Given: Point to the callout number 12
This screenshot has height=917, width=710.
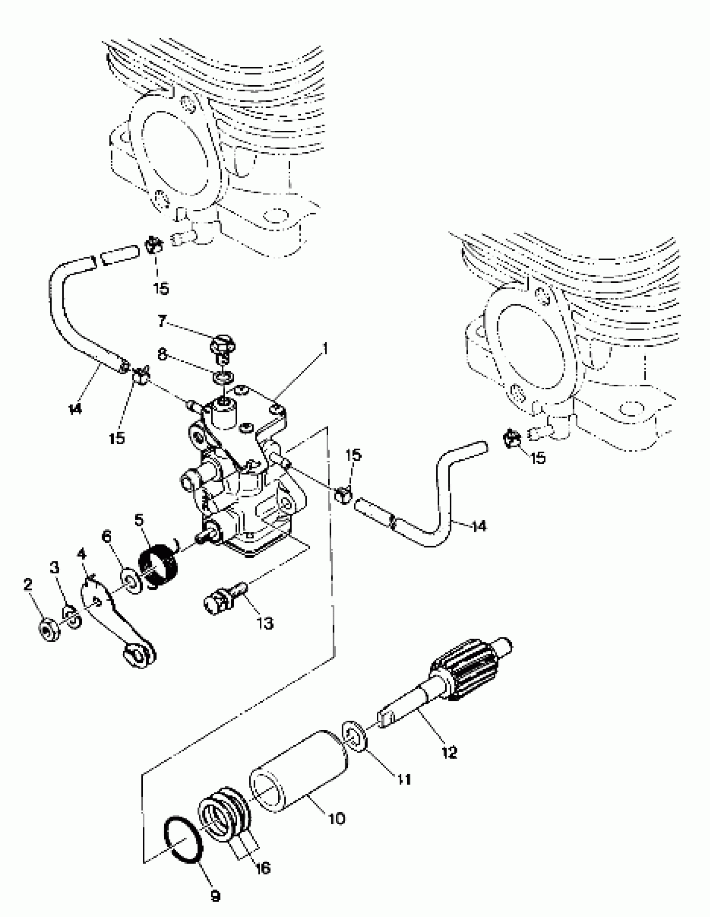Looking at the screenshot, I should click(x=450, y=752).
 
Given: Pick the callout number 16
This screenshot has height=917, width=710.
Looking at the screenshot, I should click(x=263, y=868).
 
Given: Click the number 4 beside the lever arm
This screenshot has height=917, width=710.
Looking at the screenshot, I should click(x=82, y=555).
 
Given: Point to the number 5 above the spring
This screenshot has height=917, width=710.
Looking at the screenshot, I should click(x=139, y=520).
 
